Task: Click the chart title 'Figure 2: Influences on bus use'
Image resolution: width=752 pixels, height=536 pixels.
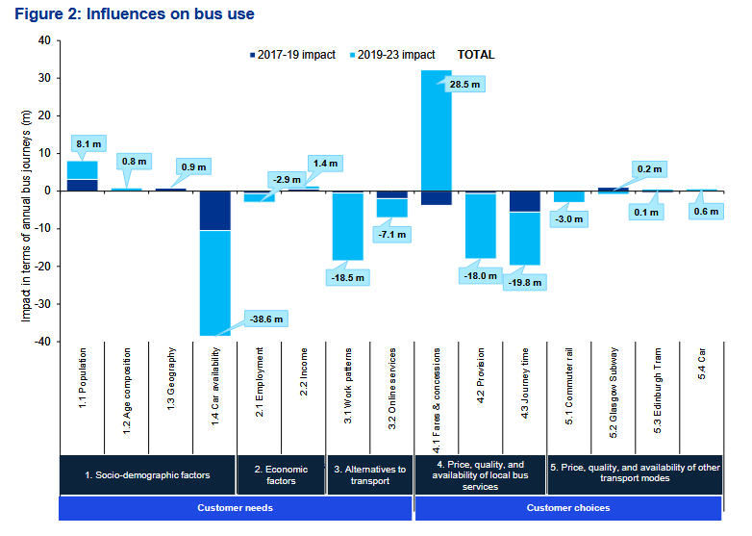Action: tap(134, 15)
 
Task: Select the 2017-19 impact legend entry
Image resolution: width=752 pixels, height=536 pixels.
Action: tap(292, 55)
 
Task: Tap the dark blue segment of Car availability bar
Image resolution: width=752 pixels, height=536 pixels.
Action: tap(214, 211)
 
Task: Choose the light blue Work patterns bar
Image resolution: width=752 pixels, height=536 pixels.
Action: tap(347, 226)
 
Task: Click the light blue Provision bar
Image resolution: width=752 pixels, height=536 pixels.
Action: tap(481, 225)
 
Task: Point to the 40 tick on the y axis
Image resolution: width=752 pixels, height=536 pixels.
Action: tap(43, 40)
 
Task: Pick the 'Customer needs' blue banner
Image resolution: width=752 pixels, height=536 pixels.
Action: tap(235, 508)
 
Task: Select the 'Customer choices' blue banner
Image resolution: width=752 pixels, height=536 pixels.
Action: tap(567, 508)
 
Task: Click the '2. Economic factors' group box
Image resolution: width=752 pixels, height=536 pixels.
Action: tap(281, 474)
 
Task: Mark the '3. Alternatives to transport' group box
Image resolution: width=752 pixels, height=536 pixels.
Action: tap(369, 474)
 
